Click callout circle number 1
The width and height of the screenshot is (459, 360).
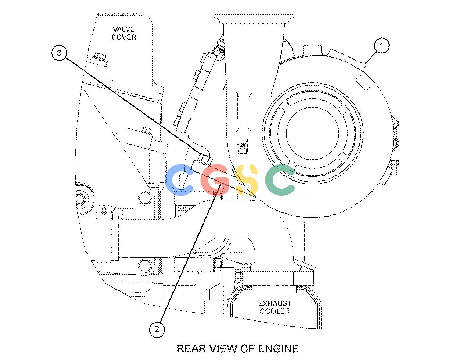pos(381,45)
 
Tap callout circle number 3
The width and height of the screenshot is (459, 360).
pos(59,53)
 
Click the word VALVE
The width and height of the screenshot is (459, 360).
pos(124,29)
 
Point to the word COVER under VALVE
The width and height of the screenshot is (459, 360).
pos(124,37)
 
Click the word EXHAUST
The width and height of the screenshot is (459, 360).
pos(275,303)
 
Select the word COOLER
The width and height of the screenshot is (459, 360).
pos(275,311)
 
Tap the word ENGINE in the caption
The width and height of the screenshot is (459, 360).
pos(278,348)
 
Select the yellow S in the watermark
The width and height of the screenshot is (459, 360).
pos(247,180)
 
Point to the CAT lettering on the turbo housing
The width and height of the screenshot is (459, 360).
pos(243,146)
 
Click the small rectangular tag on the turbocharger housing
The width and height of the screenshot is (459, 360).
pos(365,81)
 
